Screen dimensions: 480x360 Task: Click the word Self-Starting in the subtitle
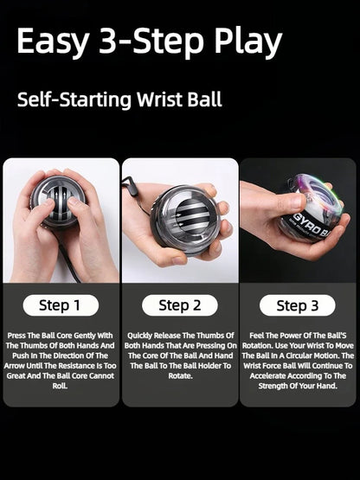pyautogui.click(x=67, y=99)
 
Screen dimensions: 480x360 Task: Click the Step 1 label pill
pyautogui.click(x=60, y=304)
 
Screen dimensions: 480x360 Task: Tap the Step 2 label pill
pyautogui.click(x=179, y=304)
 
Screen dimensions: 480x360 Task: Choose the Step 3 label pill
pyautogui.click(x=298, y=304)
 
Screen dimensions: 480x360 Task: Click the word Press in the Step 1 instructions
pyautogui.click(x=17, y=335)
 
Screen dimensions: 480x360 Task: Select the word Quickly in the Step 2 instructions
pyautogui.click(x=142, y=335)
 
